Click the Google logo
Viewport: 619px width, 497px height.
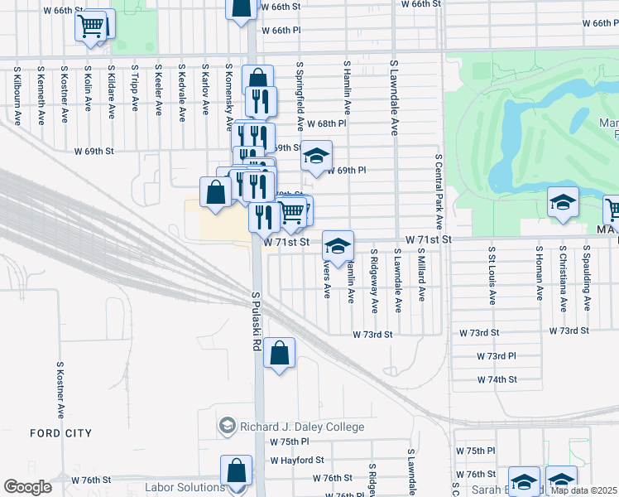[x=27, y=487]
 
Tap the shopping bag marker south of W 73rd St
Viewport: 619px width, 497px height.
[x=280, y=354]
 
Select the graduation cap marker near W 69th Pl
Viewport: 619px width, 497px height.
[x=315, y=156]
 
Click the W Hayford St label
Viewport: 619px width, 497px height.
[x=297, y=460]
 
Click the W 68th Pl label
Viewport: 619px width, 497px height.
[x=325, y=123]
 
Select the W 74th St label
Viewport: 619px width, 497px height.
[x=497, y=379]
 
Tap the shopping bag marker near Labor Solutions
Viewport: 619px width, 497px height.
[x=236, y=470]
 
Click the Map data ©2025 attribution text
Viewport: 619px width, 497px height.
[x=583, y=490]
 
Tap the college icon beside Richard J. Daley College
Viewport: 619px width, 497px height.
[x=226, y=427]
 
